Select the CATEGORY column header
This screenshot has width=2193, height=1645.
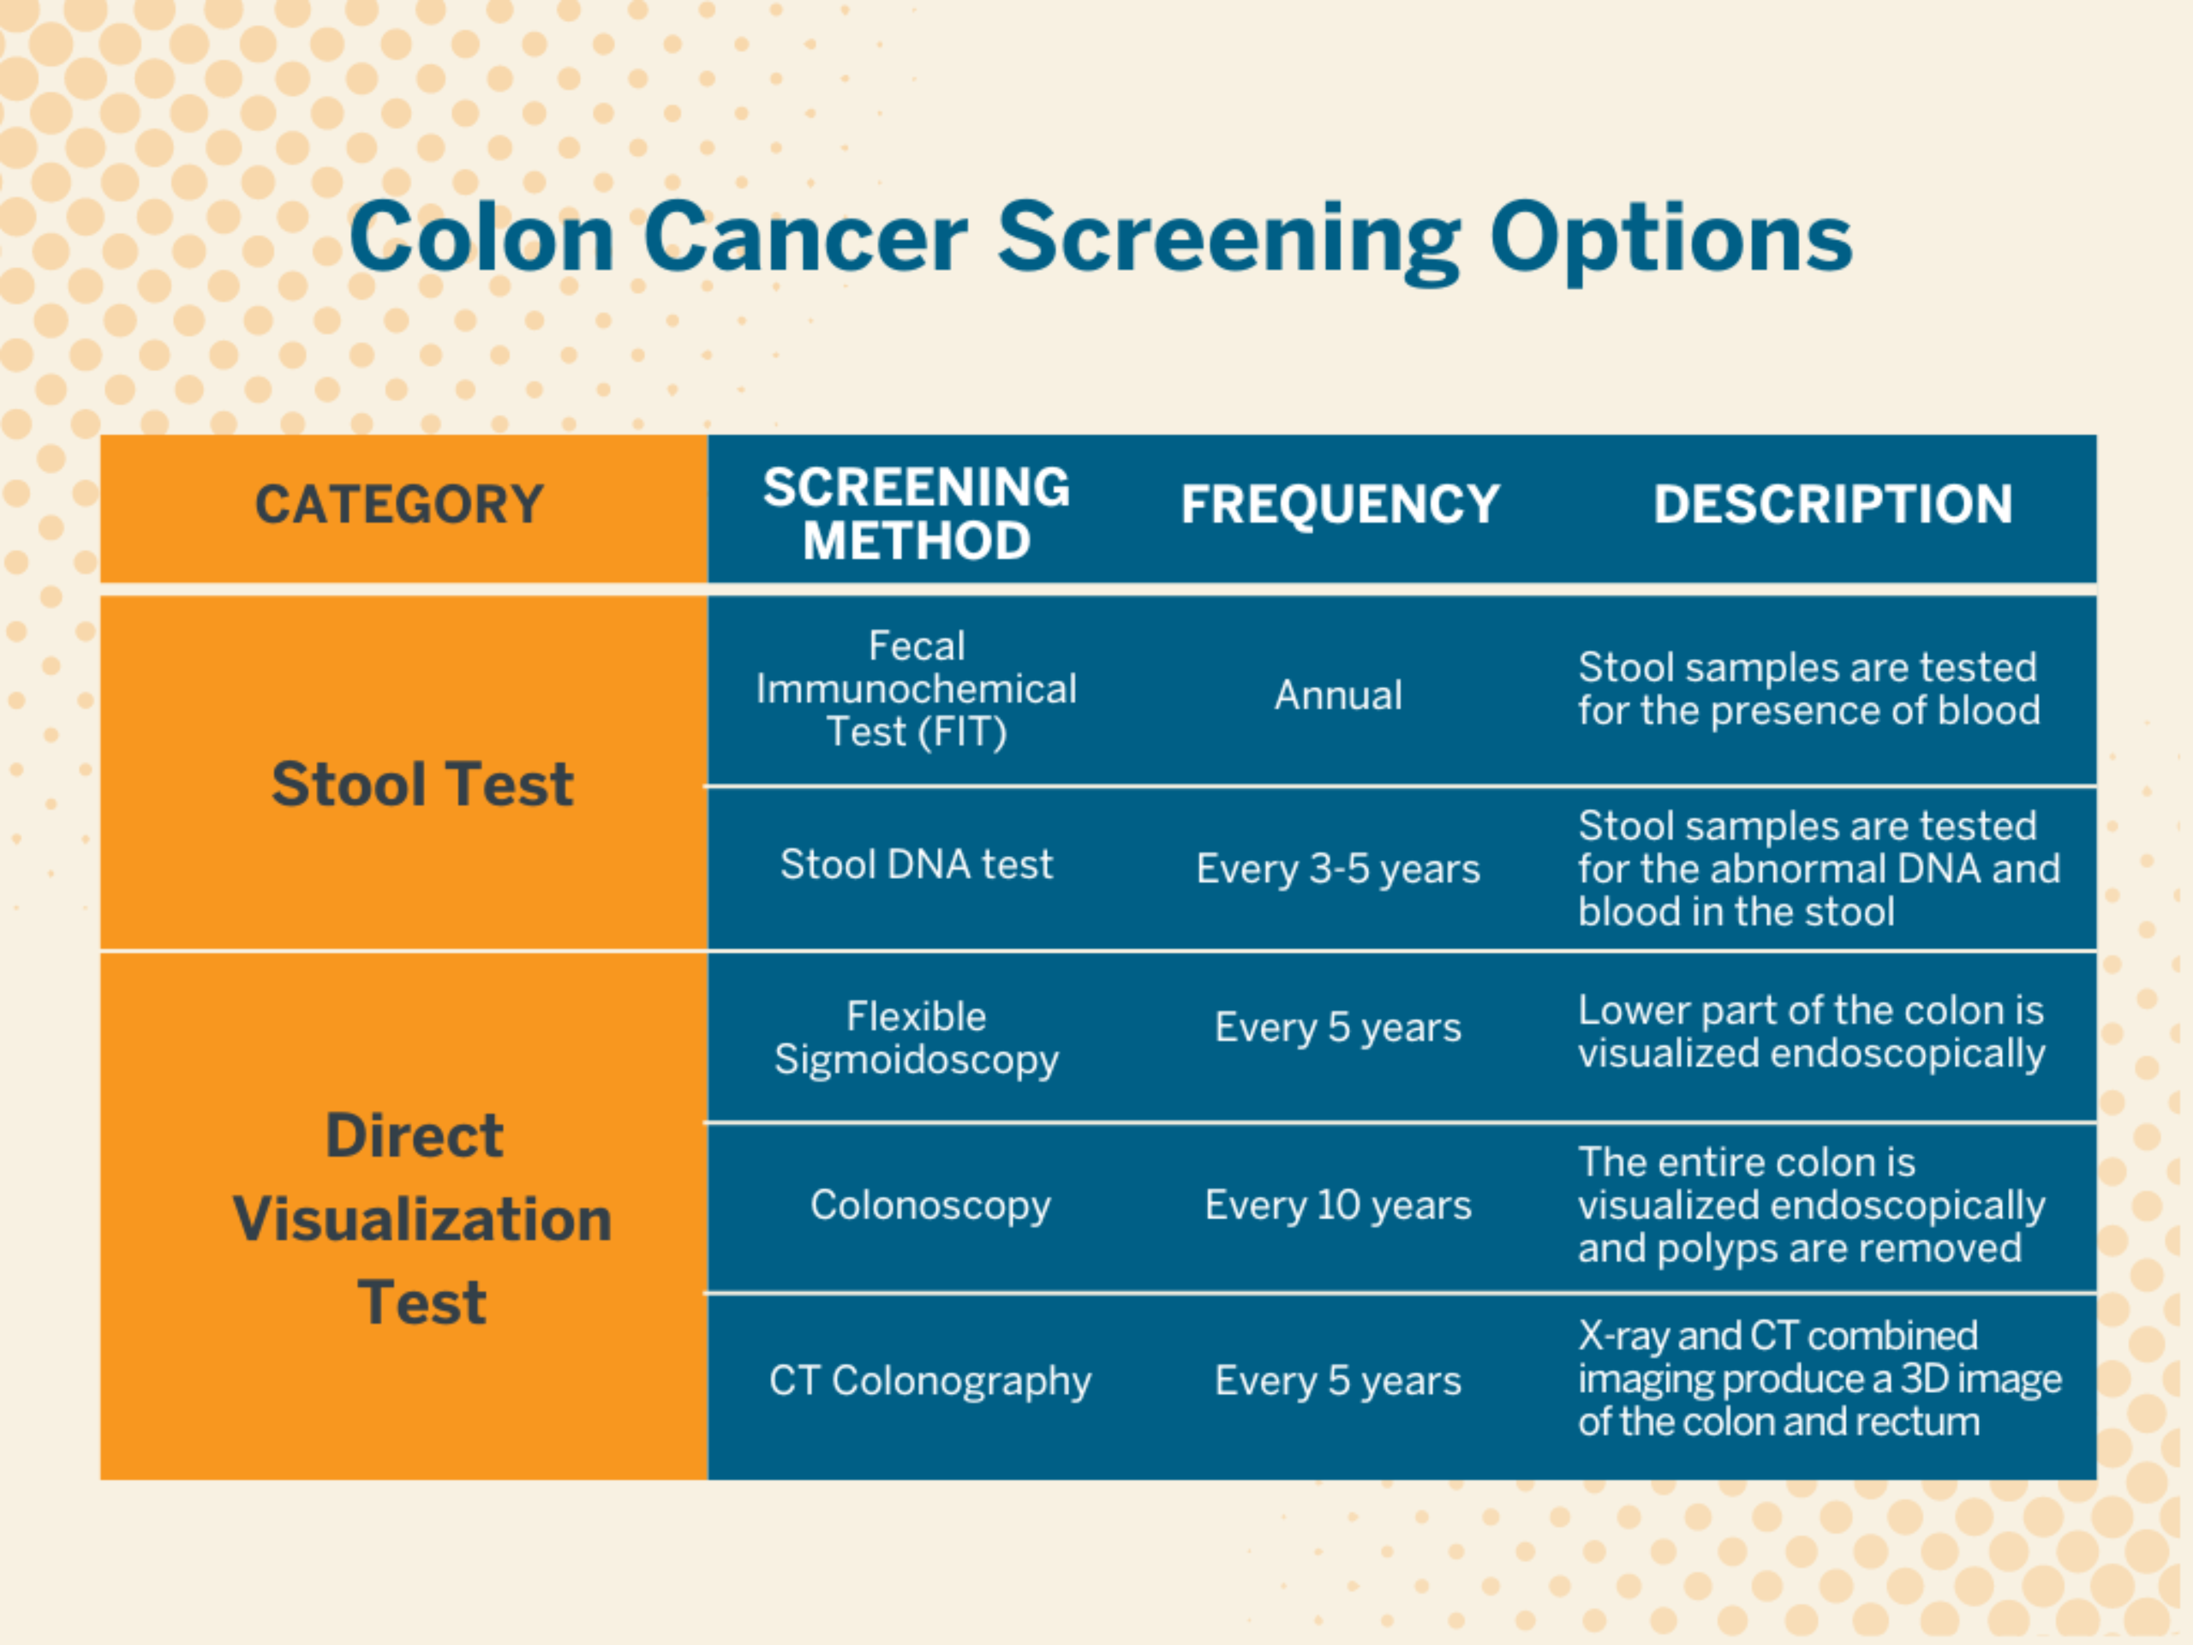399,505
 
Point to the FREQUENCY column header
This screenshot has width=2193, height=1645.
1340,505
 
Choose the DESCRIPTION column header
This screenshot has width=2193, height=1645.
1832,505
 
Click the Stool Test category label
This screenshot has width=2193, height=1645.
422,784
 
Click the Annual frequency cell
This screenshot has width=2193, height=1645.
1338,695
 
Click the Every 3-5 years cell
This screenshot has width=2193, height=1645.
1338,870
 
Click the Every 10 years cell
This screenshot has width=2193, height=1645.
1338,1205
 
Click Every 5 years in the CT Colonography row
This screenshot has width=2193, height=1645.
1338,1381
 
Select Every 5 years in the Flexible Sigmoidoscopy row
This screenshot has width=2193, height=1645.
1338,1028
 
